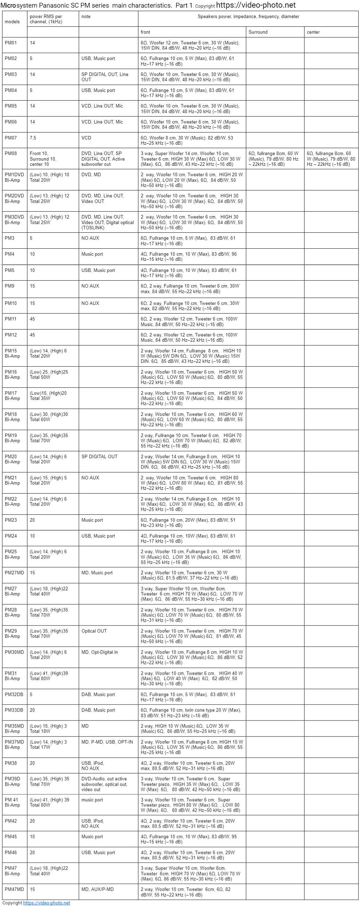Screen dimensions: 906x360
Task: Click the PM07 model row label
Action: click(10, 138)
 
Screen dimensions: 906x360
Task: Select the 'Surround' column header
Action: click(258, 32)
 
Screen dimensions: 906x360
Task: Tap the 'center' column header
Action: click(313, 32)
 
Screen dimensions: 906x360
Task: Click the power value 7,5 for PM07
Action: click(33, 138)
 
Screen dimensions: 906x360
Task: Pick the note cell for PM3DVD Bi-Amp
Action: click(108, 222)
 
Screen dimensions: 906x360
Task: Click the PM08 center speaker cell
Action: click(331, 159)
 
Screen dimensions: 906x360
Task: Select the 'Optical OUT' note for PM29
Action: click(94, 631)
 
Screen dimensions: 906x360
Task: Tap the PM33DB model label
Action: click(14, 710)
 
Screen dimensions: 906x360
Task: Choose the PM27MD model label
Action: click(15, 573)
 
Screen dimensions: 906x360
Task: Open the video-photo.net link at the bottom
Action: click(46, 903)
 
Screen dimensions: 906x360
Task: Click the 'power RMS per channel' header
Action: click(46, 19)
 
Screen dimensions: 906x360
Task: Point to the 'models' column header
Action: click(12, 22)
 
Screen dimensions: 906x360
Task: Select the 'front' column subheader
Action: click(145, 32)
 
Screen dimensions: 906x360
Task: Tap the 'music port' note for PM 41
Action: click(92, 800)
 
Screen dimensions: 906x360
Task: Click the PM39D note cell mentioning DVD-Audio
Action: click(104, 784)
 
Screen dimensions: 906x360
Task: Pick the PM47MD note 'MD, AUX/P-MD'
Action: click(97, 889)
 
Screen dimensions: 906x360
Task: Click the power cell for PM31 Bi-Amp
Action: click(49, 676)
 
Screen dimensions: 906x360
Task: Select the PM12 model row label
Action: click(10, 335)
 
